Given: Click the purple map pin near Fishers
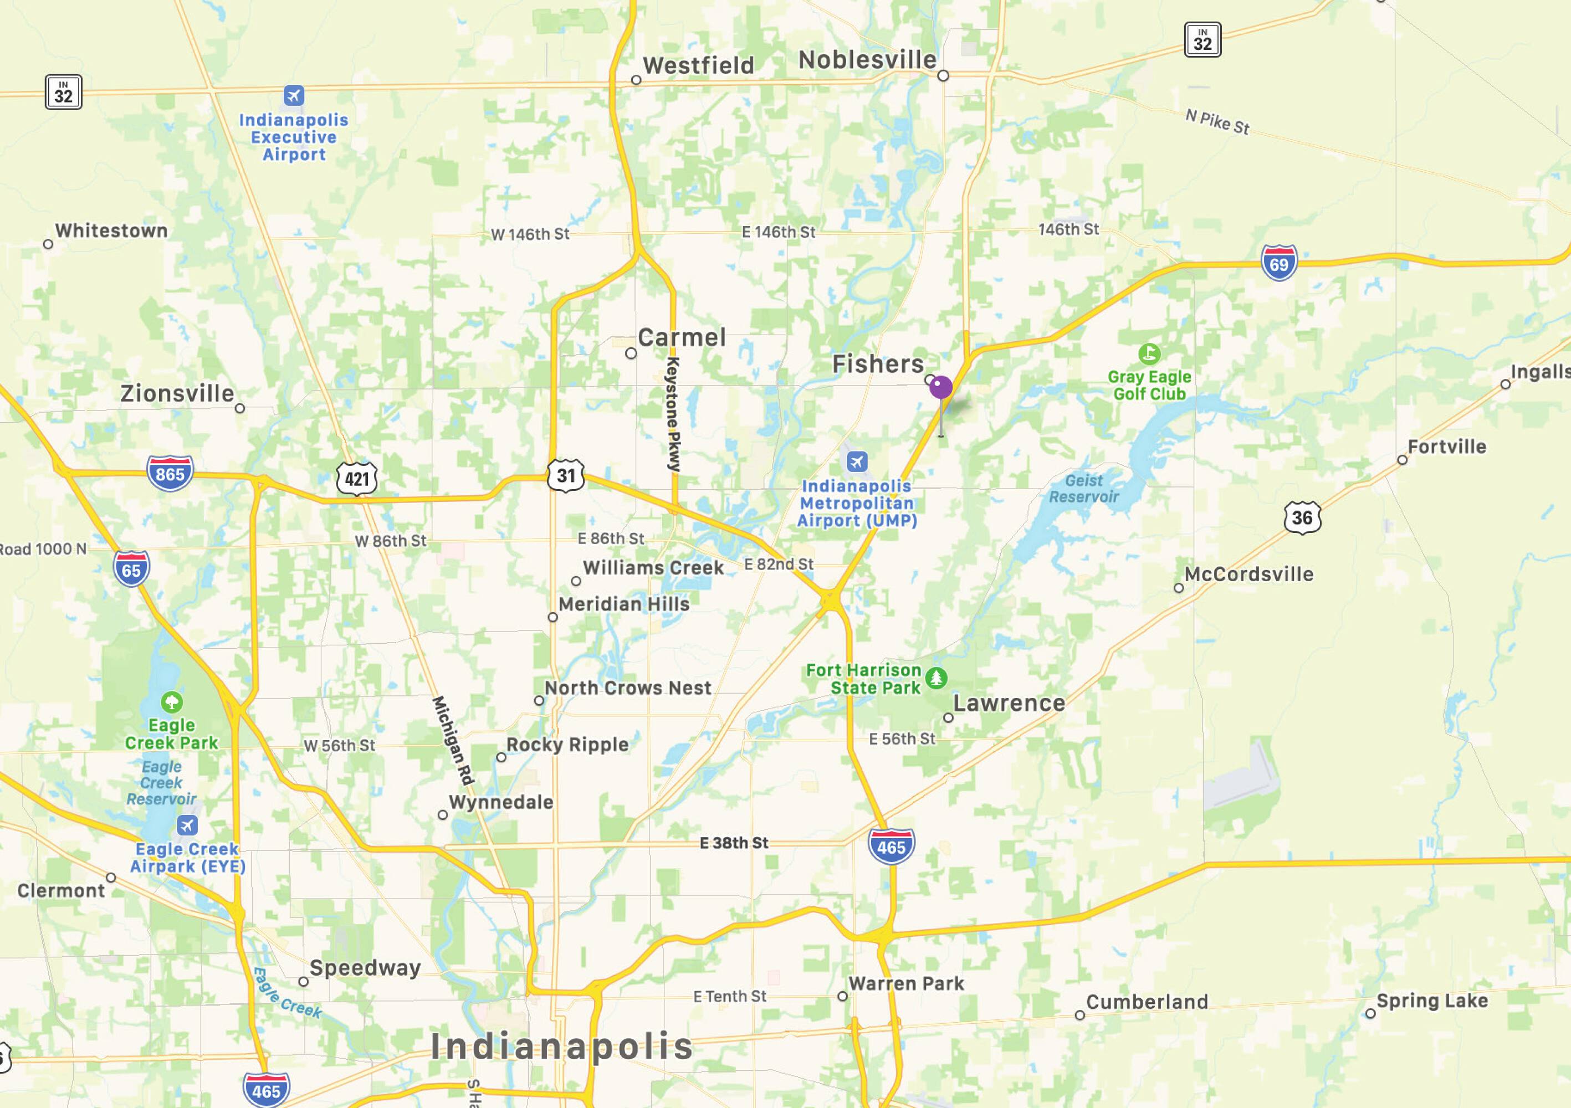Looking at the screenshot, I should (941, 388).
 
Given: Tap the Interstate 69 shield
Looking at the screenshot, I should (1278, 263).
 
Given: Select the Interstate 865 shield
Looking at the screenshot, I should (170, 473).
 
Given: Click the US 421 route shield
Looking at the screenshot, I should (356, 478).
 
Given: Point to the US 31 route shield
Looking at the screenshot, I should (566, 475).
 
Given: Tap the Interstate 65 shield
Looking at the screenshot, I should (131, 570).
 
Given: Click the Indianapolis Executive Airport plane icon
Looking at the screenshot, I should (294, 95).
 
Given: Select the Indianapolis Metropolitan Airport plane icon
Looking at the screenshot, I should (857, 461).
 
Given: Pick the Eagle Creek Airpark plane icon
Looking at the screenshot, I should (187, 825).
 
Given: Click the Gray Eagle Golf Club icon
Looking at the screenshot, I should (1149, 353).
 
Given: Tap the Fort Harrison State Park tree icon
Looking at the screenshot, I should (936, 678).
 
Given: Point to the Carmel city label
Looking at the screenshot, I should (682, 337).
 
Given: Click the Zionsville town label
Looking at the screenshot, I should (177, 393).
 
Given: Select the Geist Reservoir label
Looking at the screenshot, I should (1084, 488).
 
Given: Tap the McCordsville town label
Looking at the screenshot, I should (1248, 574).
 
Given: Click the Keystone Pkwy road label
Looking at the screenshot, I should (674, 413).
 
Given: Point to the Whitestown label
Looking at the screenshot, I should (111, 230).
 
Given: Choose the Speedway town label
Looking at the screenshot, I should (365, 968).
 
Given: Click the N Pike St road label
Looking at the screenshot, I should (1217, 122).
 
